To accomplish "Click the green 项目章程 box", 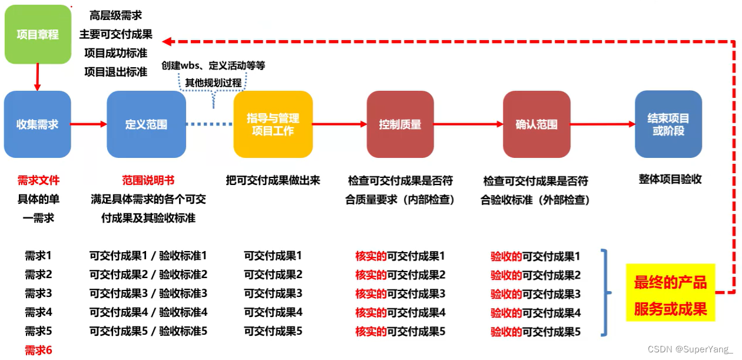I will click(x=38, y=34).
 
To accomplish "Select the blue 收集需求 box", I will click(x=38, y=124).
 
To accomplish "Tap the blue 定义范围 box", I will click(x=146, y=124).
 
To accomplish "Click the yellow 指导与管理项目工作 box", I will click(x=273, y=124).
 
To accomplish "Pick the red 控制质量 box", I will click(x=400, y=124).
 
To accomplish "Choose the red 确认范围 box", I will click(x=536, y=124).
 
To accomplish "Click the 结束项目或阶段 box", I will click(x=668, y=124).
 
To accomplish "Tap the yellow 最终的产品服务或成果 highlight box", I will click(x=670, y=293).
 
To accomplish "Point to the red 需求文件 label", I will click(x=38, y=180).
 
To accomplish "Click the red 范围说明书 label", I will click(x=148, y=180).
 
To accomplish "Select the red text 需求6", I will click(x=38, y=351).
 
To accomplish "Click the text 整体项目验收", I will click(x=670, y=179).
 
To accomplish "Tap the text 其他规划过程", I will click(x=213, y=83).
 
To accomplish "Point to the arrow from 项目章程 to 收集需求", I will click(x=38, y=77).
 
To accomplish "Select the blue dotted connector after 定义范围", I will click(x=210, y=124).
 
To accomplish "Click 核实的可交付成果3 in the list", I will click(x=400, y=293).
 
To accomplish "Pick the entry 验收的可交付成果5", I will click(x=535, y=332).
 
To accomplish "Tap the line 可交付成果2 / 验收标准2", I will click(x=148, y=275).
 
